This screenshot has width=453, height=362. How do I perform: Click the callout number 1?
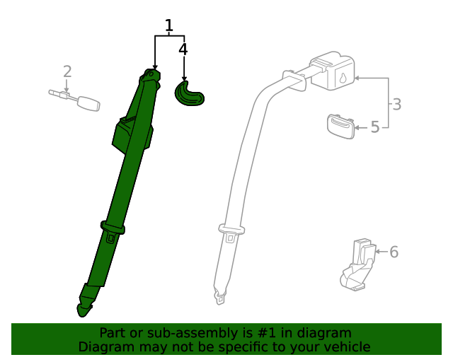(x=169, y=27)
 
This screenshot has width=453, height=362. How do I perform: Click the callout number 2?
(x=67, y=71)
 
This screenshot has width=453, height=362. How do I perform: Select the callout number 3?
(x=397, y=105)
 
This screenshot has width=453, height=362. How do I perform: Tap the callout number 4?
(x=183, y=49)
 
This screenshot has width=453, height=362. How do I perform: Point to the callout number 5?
(x=375, y=127)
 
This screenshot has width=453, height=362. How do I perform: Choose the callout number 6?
(x=394, y=252)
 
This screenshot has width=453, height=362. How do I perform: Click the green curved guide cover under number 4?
(x=188, y=94)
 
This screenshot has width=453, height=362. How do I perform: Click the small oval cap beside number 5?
(x=340, y=126)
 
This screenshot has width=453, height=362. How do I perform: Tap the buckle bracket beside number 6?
(x=359, y=265)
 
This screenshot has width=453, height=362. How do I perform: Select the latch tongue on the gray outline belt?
(x=231, y=231)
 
